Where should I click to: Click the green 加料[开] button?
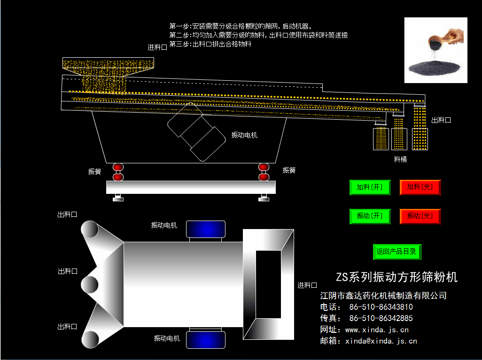click(370, 187)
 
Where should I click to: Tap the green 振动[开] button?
click(370, 216)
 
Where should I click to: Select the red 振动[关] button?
click(420, 216)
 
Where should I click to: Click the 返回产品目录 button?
click(397, 252)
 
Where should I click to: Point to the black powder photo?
click(435, 50)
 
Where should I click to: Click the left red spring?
click(118, 172)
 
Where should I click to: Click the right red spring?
click(264, 172)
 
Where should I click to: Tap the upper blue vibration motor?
click(206, 229)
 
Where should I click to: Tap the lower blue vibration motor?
click(206, 340)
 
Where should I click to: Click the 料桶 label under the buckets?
click(400, 160)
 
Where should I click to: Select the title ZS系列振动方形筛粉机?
click(396, 277)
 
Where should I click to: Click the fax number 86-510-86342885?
click(381, 318)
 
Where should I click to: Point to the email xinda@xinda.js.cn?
click(381, 341)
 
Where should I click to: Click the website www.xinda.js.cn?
click(377, 330)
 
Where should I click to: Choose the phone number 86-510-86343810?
click(381, 307)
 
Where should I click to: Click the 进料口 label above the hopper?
click(157, 47)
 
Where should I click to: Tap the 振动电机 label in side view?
click(244, 135)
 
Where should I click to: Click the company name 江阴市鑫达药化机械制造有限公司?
click(383, 296)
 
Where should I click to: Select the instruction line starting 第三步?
click(210, 44)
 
